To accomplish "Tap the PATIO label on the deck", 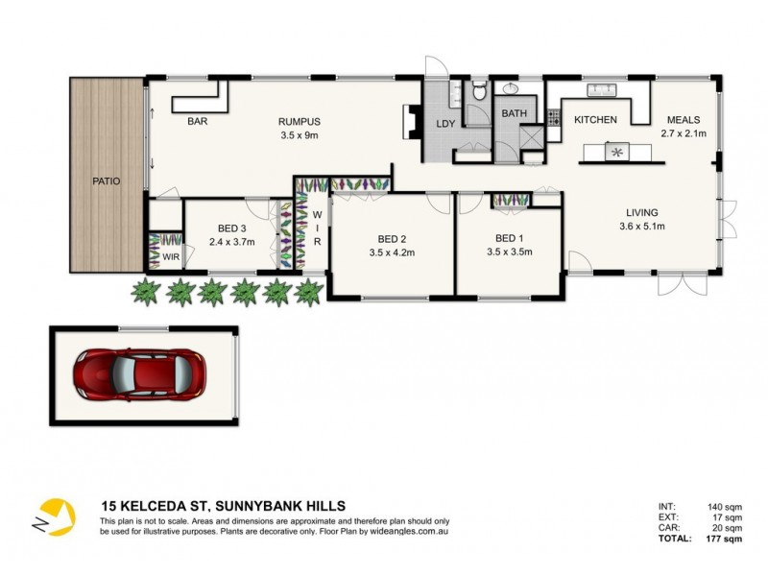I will (x=106, y=181).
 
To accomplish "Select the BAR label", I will (x=199, y=122).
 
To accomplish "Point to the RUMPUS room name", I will (x=299, y=122).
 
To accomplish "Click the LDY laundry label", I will (x=445, y=124).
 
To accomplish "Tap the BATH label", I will (x=515, y=114).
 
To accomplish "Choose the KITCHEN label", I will (x=595, y=120).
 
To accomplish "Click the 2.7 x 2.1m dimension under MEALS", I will (x=684, y=133).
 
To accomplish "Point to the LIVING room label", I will (x=643, y=213).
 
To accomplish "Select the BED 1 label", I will (x=509, y=238).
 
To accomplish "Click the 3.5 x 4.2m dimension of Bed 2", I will (x=390, y=252).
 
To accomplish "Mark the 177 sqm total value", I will (x=726, y=540).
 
